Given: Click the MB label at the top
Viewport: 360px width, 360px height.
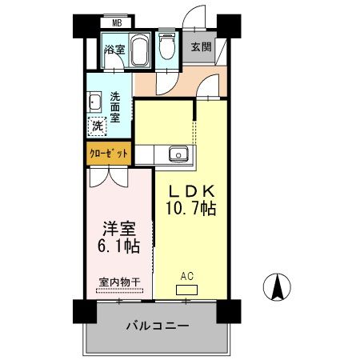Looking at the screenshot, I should (x=117, y=23).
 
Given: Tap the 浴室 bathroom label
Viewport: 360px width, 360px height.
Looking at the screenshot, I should (x=114, y=50).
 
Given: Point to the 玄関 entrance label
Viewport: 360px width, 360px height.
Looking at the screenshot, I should (x=201, y=46).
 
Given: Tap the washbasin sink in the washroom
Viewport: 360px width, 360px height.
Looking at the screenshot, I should (x=95, y=102).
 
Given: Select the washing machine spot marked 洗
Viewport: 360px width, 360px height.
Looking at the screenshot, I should (x=97, y=126).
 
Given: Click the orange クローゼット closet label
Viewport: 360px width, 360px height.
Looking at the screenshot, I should (x=108, y=152).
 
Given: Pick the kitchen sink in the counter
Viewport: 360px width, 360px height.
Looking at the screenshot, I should (x=178, y=154).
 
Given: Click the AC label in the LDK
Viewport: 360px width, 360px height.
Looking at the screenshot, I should (x=186, y=277).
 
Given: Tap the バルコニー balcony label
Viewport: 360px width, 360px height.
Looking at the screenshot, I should (x=157, y=326).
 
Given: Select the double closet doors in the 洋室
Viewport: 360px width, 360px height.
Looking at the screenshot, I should (x=107, y=178).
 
